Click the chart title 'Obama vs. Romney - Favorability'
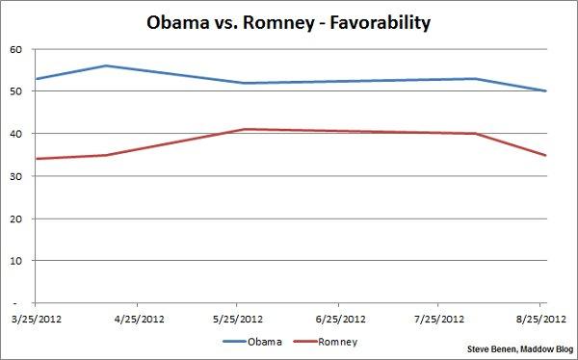289,20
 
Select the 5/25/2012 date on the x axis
237,319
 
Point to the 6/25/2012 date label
339,319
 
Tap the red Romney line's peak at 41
245,129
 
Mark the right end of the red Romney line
546,155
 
